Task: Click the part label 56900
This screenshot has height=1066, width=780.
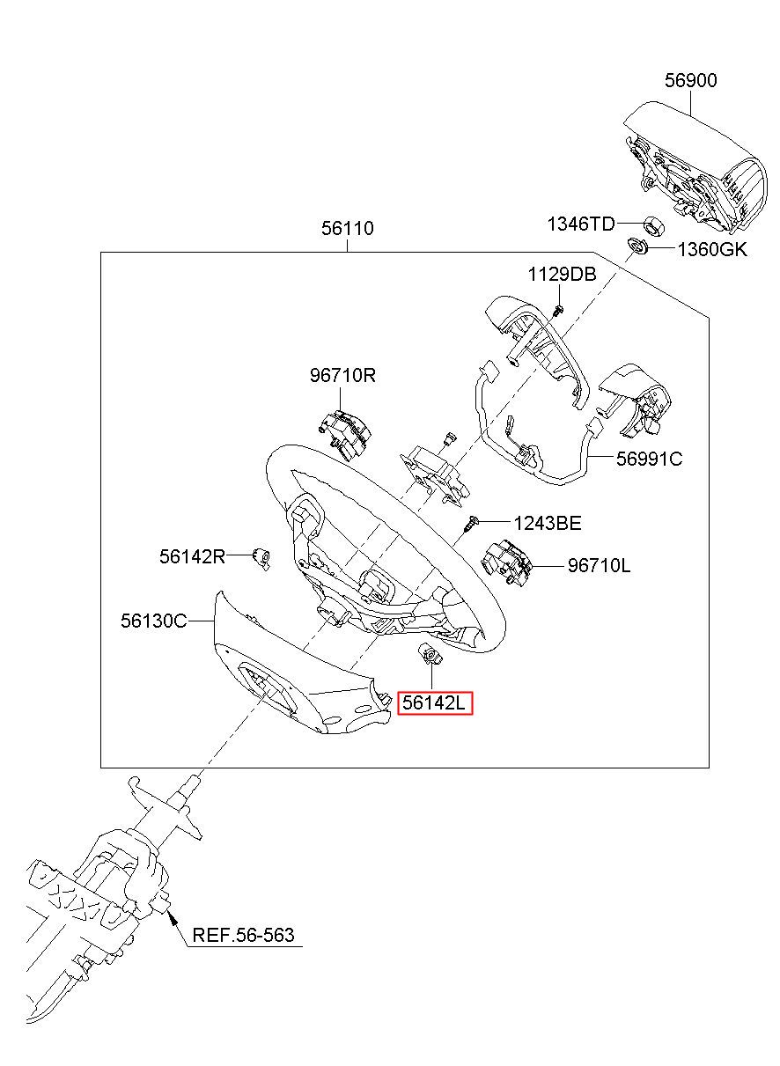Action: tap(690, 80)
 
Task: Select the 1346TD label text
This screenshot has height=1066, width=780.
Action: tap(580, 224)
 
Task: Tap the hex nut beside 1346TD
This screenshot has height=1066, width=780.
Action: tap(654, 225)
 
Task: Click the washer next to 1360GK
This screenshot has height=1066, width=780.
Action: tap(637, 246)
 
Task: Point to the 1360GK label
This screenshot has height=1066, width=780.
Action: tap(712, 249)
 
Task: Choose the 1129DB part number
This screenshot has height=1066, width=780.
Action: tap(562, 274)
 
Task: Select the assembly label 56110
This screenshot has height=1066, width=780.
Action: tap(348, 229)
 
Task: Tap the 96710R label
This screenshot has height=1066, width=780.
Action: tap(342, 376)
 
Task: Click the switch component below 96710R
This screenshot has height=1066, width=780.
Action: tap(344, 435)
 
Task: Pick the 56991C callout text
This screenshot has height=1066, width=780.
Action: tap(649, 459)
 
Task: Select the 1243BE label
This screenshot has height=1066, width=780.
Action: tap(548, 524)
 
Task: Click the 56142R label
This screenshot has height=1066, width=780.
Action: tap(192, 556)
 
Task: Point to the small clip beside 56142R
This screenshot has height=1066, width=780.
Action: tap(262, 558)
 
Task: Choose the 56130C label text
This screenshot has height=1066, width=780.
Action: tap(154, 621)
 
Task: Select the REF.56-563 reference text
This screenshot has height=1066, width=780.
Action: tap(243, 935)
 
